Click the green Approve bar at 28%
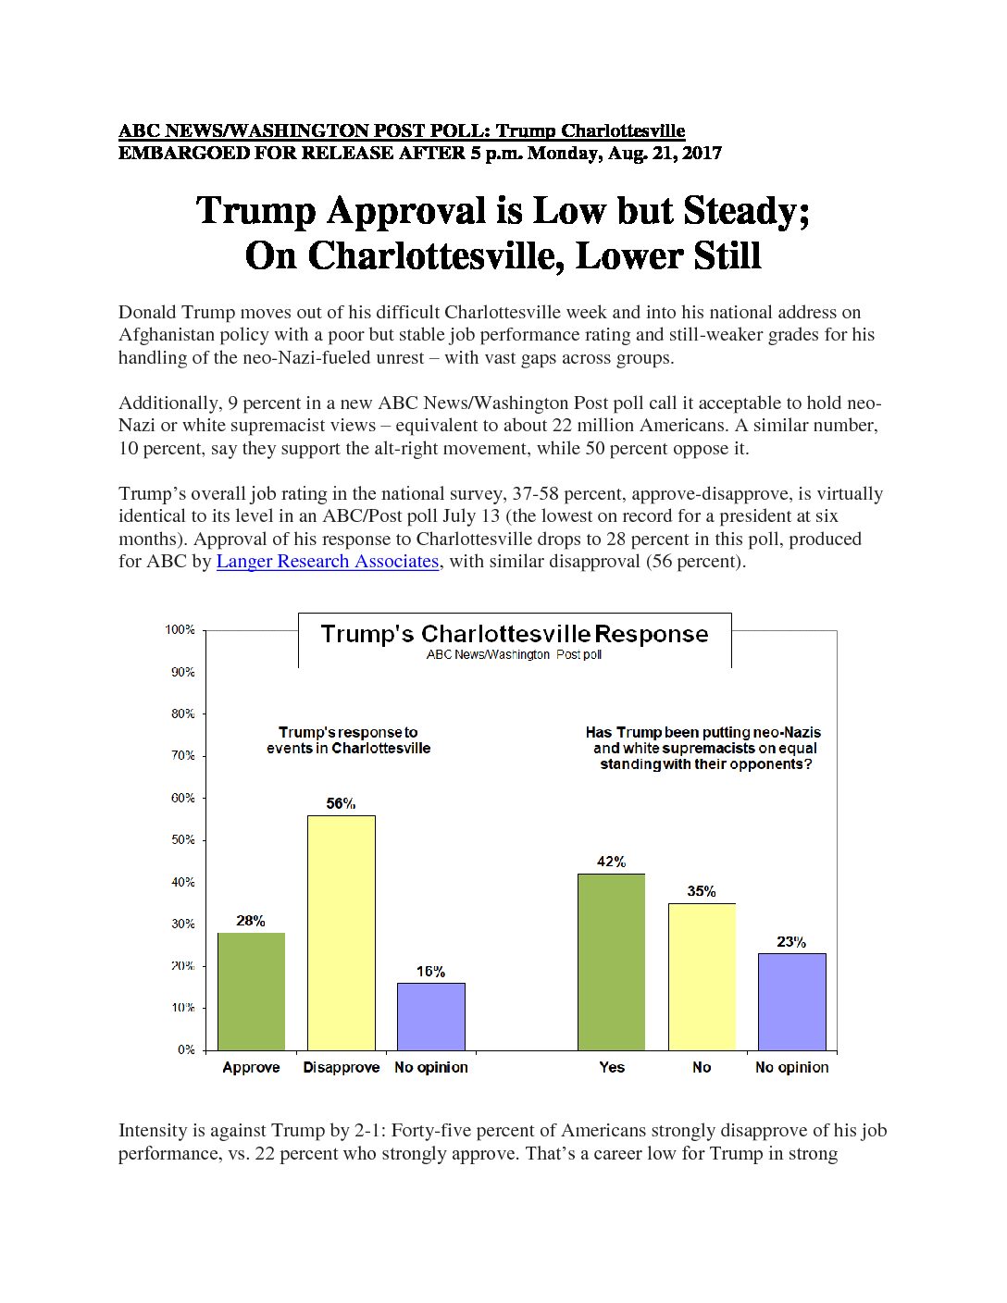(x=251, y=991)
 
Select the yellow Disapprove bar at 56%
(x=342, y=933)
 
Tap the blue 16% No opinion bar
(x=431, y=1017)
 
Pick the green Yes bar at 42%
(x=611, y=962)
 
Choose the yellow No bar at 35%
(x=702, y=977)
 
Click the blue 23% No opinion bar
(x=791, y=1002)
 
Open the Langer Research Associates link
(x=328, y=561)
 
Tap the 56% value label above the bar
(x=341, y=803)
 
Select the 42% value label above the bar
(x=611, y=862)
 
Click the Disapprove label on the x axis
(x=342, y=1068)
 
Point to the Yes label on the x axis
(x=612, y=1067)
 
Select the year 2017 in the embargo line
(x=702, y=154)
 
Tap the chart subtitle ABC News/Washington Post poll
(x=514, y=655)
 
